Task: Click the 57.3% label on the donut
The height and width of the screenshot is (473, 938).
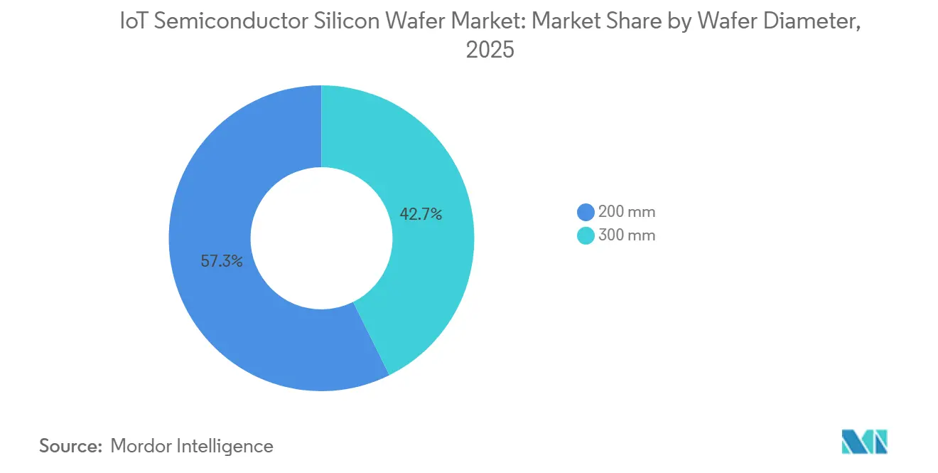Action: click(222, 261)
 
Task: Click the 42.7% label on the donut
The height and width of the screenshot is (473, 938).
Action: click(421, 213)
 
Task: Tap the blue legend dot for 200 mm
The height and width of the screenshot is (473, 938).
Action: click(586, 212)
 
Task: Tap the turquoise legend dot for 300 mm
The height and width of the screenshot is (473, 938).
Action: click(586, 235)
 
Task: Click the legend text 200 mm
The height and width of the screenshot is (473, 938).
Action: click(626, 212)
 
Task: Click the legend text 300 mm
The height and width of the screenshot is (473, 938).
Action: click(626, 235)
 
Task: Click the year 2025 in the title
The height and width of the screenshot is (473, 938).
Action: click(489, 51)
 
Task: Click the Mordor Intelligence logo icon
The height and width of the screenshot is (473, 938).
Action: click(864, 442)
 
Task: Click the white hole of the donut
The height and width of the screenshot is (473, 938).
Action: click(321, 238)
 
